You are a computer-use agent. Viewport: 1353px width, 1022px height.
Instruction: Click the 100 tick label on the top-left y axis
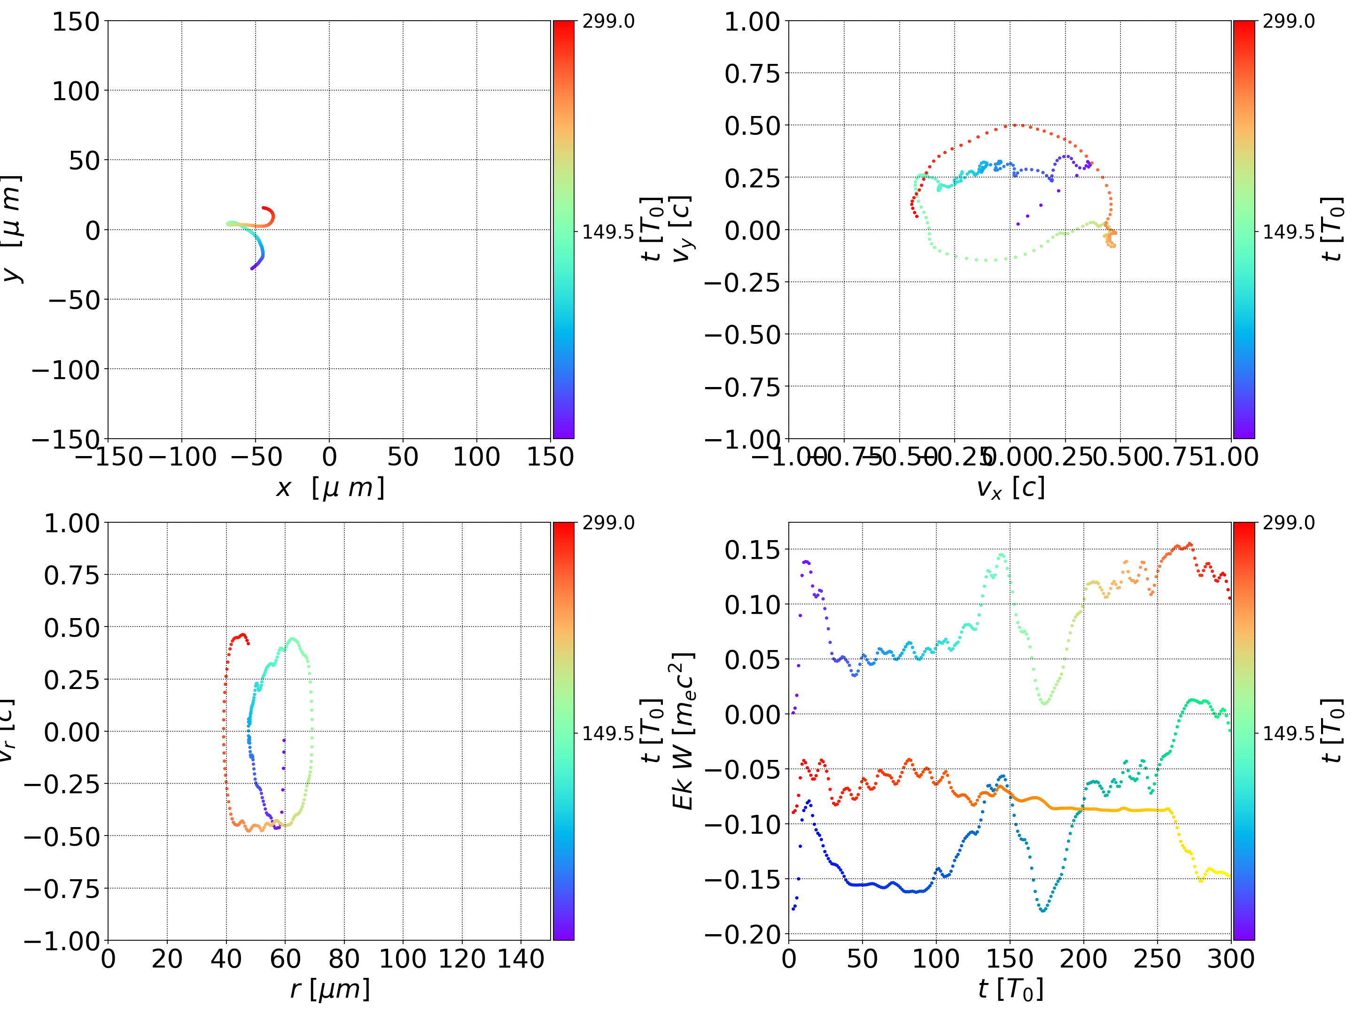pos(75,91)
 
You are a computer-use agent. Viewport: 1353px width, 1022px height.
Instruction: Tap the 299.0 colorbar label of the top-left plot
pos(608,22)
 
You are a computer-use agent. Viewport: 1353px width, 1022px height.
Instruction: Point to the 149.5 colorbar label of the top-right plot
pos(1288,232)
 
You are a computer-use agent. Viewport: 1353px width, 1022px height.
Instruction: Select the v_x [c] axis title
pos(1010,488)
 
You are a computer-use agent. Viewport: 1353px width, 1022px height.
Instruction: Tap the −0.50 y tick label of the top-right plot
pos(743,335)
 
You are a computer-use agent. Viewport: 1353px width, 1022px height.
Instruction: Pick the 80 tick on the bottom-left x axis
pos(344,959)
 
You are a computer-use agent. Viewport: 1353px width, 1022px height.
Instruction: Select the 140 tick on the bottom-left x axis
pos(521,959)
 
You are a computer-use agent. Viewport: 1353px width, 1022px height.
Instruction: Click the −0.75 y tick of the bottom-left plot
pos(62,889)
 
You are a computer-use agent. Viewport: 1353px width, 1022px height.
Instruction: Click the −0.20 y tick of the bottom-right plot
pos(743,935)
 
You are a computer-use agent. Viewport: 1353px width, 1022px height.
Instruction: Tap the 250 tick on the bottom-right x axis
pos(1157,959)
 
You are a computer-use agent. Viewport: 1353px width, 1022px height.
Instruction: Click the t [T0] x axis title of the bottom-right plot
pos(1010,989)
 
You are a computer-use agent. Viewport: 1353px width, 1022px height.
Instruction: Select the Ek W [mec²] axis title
pos(683,731)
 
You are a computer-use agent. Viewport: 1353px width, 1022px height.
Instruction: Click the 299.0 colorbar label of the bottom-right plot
pos(1288,523)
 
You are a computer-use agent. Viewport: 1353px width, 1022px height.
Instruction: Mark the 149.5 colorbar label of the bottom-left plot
pos(608,733)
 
